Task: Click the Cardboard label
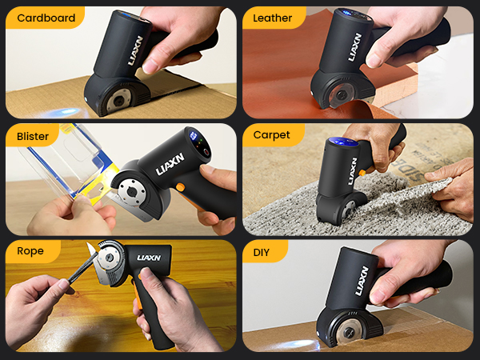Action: click(46, 18)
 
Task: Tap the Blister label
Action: click(33, 135)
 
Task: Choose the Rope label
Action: click(30, 252)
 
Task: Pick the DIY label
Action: click(262, 252)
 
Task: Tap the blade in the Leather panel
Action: click(336, 94)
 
